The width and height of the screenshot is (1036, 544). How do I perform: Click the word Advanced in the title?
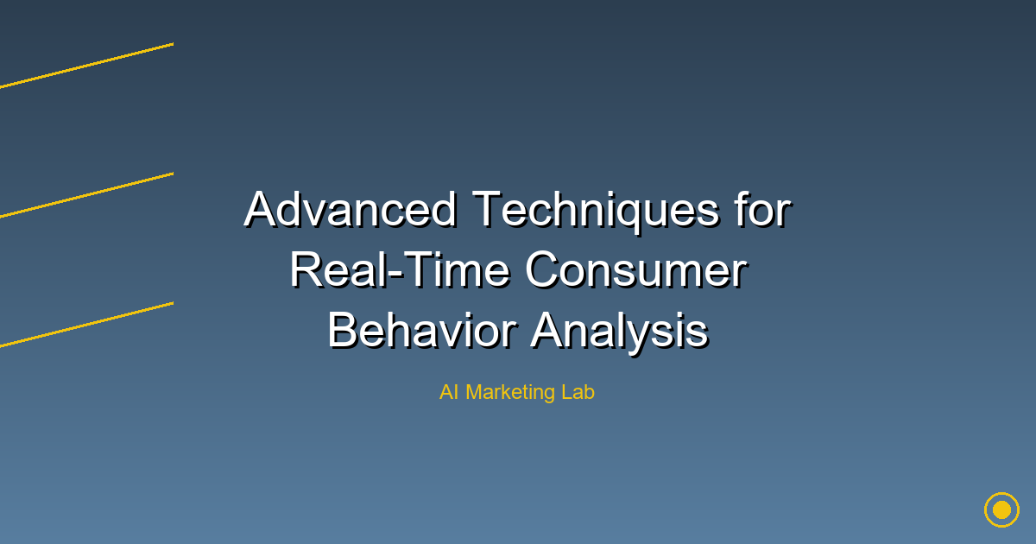351,209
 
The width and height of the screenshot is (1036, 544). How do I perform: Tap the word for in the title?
763,209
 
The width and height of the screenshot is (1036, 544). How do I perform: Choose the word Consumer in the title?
636,270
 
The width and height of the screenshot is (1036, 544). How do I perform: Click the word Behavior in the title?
422,331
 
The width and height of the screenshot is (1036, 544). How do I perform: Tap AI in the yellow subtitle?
449,392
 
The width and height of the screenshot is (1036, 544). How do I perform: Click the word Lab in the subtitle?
578,392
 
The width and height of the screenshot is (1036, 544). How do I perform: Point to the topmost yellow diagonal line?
86,66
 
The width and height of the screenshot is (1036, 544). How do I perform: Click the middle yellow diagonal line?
86,195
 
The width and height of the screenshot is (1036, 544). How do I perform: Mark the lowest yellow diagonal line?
86,325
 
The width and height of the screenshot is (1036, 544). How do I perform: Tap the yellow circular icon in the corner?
1001,509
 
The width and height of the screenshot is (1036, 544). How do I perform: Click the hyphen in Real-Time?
395,275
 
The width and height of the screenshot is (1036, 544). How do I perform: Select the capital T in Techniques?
487,209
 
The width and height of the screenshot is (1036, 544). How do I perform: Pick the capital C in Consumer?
542,270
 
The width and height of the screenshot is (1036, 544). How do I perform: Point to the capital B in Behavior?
344,331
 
